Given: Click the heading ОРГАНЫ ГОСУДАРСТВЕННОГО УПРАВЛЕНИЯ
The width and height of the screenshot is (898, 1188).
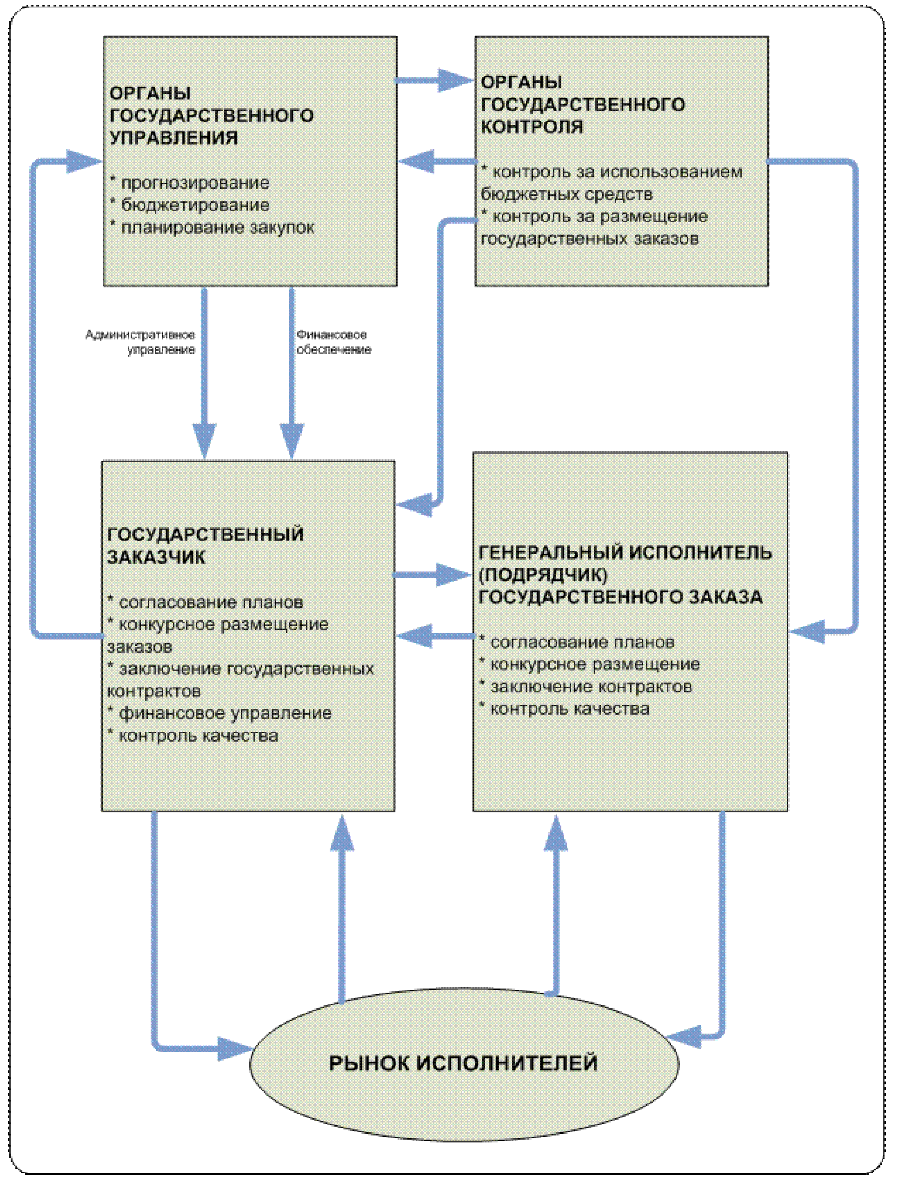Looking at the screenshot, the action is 212,115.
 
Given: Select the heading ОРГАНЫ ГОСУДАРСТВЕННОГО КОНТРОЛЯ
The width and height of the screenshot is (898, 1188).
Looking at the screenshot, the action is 583,104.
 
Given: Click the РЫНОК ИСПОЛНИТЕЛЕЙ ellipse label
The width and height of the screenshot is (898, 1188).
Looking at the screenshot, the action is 463,1063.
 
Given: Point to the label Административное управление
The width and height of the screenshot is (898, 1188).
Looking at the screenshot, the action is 140,342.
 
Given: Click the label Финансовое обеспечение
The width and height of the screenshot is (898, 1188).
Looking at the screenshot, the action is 333,342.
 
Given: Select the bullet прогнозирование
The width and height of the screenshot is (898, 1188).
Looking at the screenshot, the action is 190,183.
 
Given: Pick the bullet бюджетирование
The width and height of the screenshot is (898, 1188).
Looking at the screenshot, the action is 190,205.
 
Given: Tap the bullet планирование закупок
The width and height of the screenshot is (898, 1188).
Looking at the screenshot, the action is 212,227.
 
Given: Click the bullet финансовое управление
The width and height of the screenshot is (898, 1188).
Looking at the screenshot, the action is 220,713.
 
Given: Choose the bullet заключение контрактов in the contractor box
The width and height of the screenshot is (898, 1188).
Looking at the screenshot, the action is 585,686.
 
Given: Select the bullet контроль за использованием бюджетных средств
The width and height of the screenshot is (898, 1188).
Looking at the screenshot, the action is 612,183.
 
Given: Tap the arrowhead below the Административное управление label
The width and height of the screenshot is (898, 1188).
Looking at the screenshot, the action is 204,441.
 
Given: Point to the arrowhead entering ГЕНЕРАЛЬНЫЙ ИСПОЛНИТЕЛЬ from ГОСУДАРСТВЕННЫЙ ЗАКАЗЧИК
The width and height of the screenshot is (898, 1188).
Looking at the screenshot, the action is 454,575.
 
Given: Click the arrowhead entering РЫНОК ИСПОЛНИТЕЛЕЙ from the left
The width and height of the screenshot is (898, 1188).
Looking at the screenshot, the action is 234,1049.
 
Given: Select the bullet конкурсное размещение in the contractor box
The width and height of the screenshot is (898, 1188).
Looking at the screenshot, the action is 589,664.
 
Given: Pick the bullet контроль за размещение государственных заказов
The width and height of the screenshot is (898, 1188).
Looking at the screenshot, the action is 594,227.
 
